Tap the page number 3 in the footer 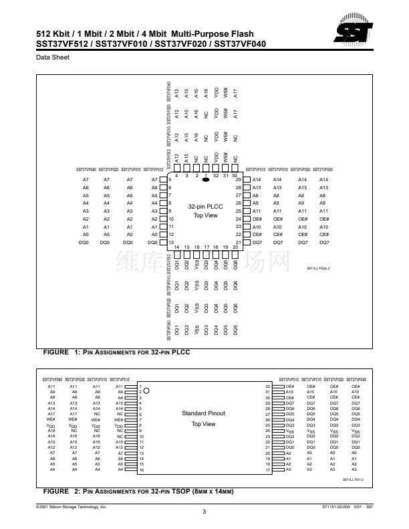click(x=204, y=512)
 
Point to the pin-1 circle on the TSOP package click(x=146, y=391)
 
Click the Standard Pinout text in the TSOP click(x=204, y=413)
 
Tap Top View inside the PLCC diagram click(x=205, y=215)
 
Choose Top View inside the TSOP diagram click(x=204, y=423)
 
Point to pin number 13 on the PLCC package click(x=171, y=242)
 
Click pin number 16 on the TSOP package click(x=141, y=471)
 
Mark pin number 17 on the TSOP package click(x=267, y=471)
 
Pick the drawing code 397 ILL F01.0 click(x=352, y=480)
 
